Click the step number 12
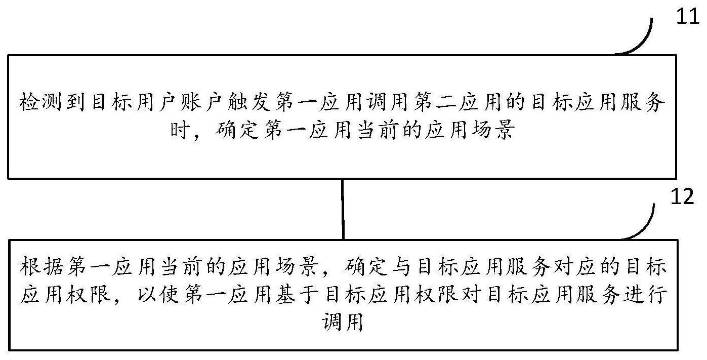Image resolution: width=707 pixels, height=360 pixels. click(682, 196)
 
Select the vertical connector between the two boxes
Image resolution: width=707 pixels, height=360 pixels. click(343, 210)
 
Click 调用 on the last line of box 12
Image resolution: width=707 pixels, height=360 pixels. click(343, 322)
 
